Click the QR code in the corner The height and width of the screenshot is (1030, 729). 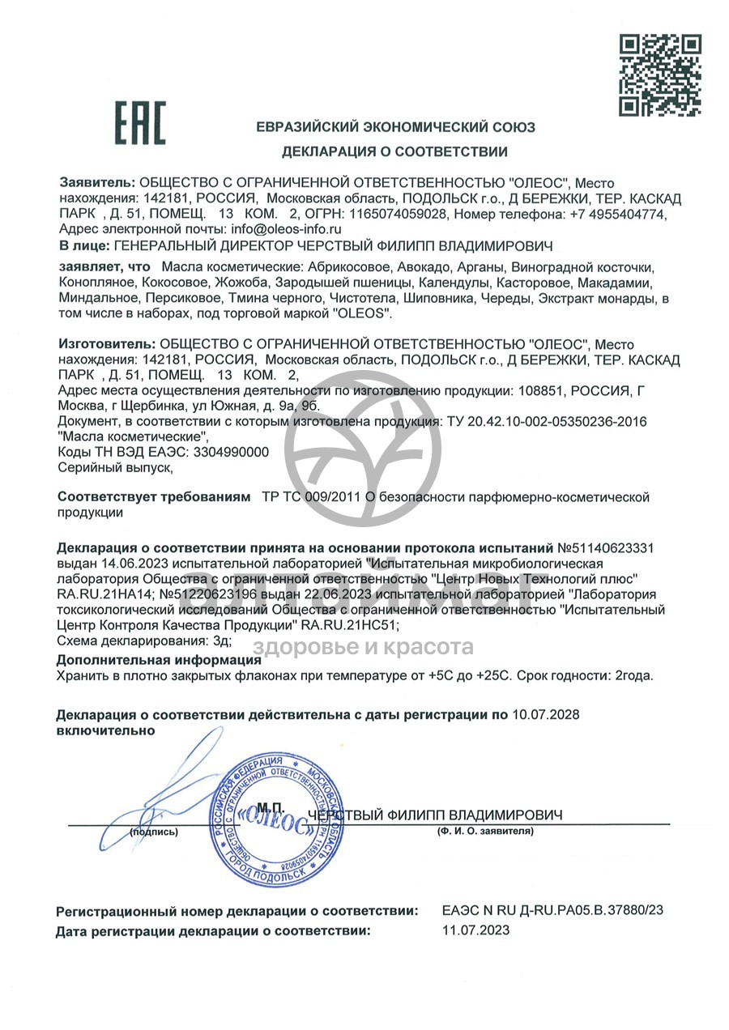click(659, 74)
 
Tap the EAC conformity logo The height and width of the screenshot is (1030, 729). click(139, 123)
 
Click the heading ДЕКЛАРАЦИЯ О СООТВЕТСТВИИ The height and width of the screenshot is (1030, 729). click(394, 151)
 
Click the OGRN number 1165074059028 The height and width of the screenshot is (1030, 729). click(399, 215)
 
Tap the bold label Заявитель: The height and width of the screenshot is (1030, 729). click(97, 184)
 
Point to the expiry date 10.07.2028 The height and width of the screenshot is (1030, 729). click(547, 714)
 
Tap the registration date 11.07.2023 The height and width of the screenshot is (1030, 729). click(476, 930)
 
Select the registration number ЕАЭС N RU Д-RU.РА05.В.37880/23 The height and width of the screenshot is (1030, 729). click(553, 910)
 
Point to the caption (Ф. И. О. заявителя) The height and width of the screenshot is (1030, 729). click(484, 832)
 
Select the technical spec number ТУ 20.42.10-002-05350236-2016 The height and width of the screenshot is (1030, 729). click(543, 422)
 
